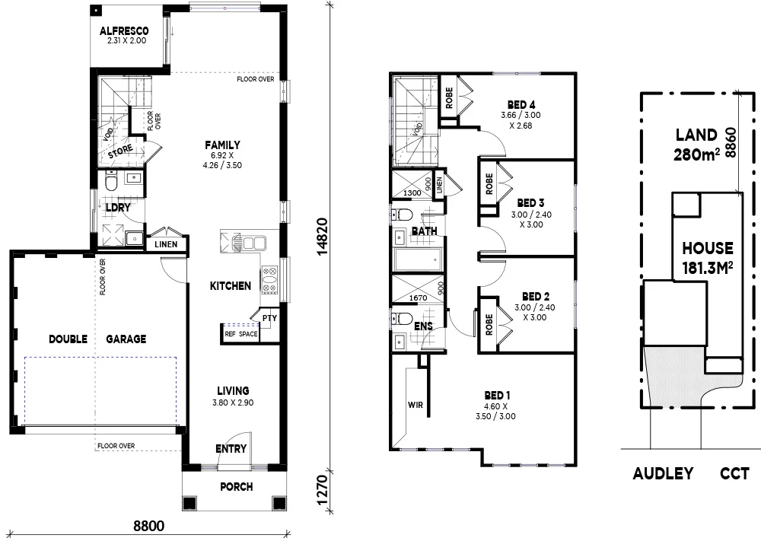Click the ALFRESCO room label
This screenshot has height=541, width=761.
(123, 31)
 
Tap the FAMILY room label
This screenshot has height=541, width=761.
(222, 145)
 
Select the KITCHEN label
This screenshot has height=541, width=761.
(230, 286)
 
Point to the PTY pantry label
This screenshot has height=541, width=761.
(269, 318)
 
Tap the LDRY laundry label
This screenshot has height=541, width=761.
(117, 207)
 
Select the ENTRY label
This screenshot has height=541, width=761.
(231, 449)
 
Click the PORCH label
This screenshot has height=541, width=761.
(235, 487)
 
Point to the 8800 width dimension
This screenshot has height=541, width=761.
(148, 526)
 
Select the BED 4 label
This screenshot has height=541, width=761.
(521, 104)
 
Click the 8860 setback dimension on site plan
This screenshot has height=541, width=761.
(731, 142)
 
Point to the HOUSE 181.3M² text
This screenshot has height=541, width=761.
(707, 257)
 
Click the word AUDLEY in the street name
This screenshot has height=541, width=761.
(663, 473)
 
